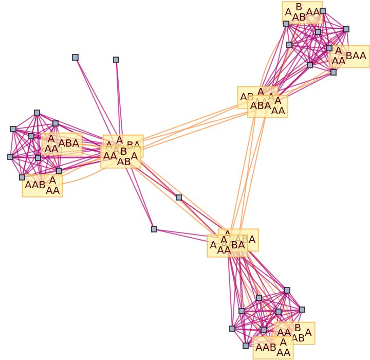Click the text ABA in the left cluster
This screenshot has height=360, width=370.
pyautogui.click(x=69, y=143)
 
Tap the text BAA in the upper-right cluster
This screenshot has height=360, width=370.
pyautogui.click(x=356, y=56)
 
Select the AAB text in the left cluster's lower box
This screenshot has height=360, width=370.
pyautogui.click(x=35, y=185)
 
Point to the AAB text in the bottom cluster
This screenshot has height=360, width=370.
pyautogui.click(x=266, y=347)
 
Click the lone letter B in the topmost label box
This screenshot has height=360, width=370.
pyautogui.click(x=299, y=7)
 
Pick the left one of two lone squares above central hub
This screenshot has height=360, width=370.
pyautogui.click(x=75, y=57)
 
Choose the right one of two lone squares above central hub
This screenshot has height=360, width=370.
pyautogui.click(x=116, y=60)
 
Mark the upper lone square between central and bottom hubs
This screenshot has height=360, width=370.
pyautogui.click(x=179, y=197)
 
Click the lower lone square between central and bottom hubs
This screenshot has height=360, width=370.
pyautogui.click(x=154, y=229)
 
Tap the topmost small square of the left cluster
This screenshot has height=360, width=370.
pyautogui.click(x=37, y=113)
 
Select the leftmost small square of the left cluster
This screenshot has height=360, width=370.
pyautogui.click(x=10, y=157)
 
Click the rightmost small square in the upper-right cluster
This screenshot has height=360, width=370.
pyautogui.click(x=346, y=29)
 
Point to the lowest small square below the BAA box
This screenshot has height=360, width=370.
pyautogui.click(x=334, y=72)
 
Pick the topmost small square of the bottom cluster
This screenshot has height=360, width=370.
pyautogui.click(x=287, y=291)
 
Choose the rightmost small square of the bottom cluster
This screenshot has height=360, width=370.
pyautogui.click(x=302, y=310)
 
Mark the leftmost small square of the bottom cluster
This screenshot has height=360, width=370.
pyautogui.click(x=232, y=328)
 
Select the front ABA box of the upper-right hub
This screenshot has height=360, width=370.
pyautogui.click(x=267, y=106)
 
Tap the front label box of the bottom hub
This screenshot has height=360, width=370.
pyautogui.click(x=227, y=245)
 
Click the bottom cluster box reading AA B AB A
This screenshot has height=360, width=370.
pyautogui.click(x=294, y=333)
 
